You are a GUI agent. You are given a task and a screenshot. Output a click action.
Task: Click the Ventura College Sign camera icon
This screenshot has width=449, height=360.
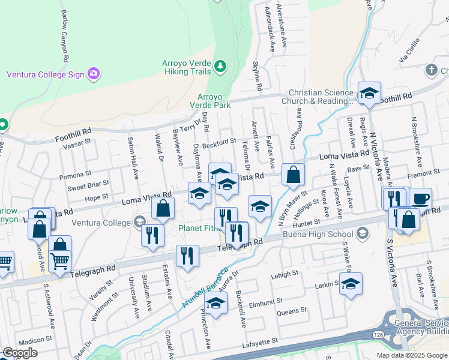click(93, 74)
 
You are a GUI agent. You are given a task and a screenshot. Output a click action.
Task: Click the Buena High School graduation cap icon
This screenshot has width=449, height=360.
click(362, 233)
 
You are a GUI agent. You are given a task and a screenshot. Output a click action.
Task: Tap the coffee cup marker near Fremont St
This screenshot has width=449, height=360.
click(420, 197)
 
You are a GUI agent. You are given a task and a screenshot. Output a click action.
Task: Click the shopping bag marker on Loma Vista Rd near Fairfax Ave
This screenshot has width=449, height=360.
click(293, 175)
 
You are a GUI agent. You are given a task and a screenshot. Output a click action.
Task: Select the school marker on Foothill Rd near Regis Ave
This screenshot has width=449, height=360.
click(369, 93)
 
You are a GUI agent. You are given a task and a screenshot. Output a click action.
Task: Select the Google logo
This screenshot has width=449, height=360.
click(20, 353)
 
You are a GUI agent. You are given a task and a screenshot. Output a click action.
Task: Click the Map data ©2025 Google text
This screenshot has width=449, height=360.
click(412, 355)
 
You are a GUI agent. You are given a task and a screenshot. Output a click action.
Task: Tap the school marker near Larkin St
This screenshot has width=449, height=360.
click(351, 284)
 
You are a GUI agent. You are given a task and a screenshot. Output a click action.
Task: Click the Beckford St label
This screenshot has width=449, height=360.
click(220, 141)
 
